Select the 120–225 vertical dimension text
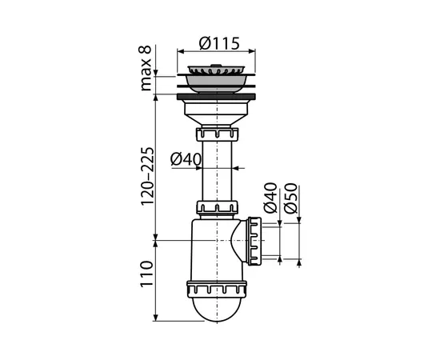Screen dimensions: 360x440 point(146,176)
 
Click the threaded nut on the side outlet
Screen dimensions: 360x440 point(255,240)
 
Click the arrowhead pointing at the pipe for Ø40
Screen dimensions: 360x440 point(237,169)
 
